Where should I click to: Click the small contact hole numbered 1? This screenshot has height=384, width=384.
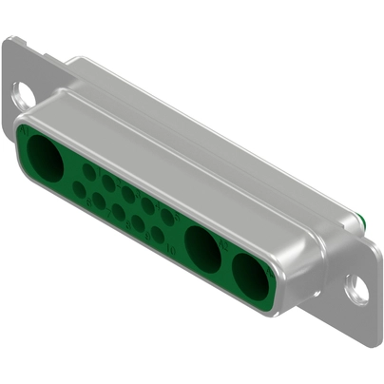(88, 172)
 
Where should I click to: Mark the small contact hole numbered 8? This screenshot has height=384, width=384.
(118, 211)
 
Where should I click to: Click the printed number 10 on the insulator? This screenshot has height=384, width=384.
(171, 249)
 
